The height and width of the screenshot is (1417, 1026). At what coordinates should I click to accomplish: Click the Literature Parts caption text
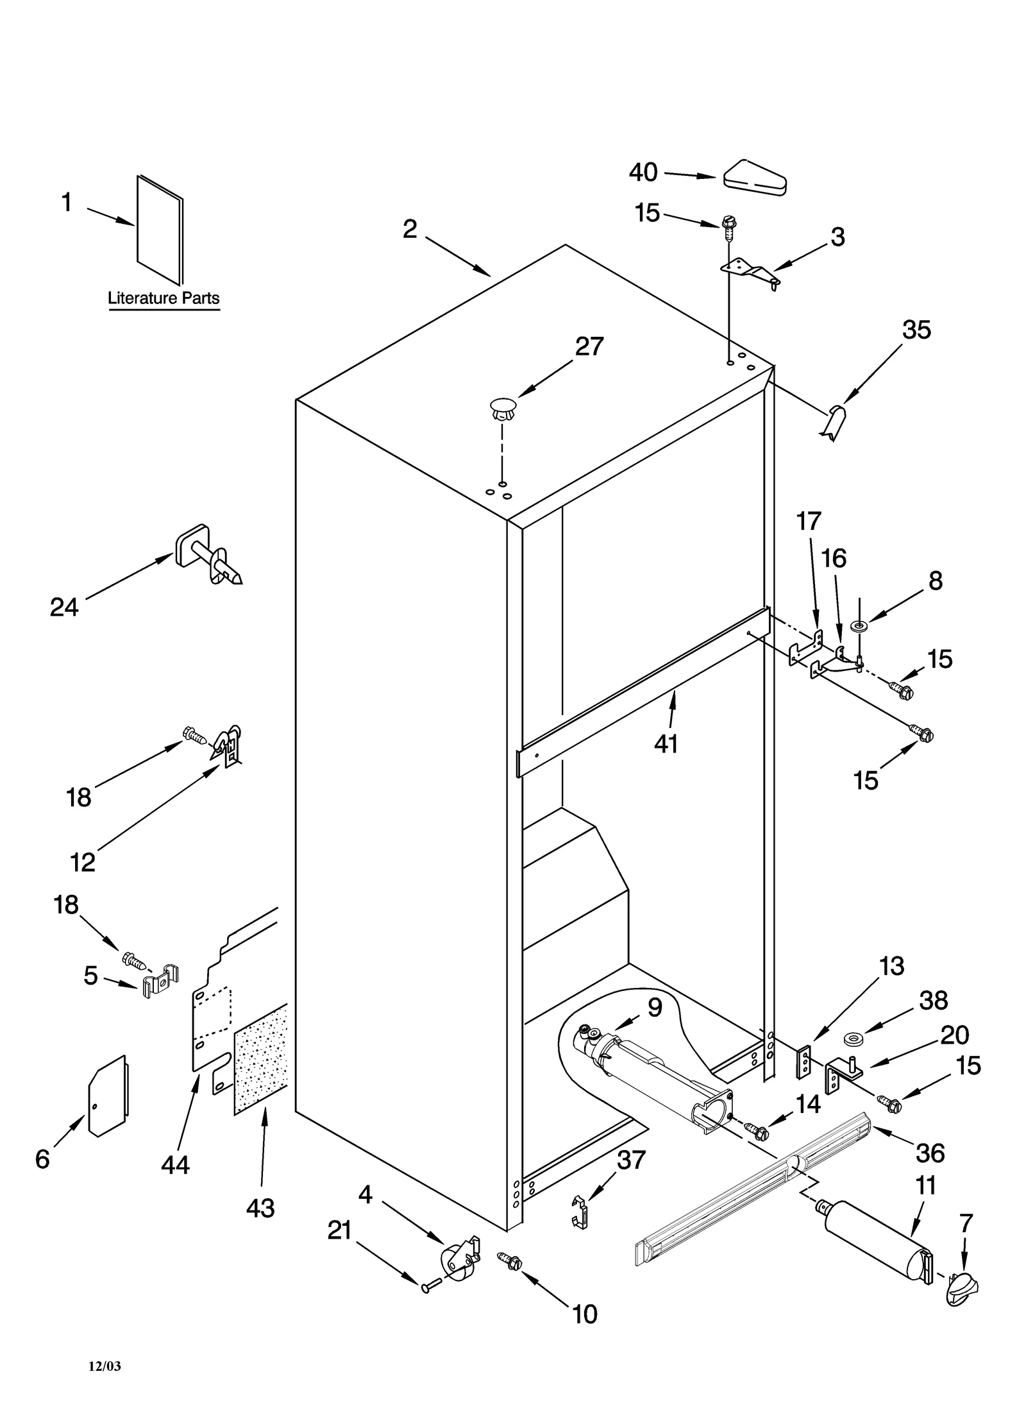coord(163,298)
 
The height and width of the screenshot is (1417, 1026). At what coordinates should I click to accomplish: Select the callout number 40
coord(643,173)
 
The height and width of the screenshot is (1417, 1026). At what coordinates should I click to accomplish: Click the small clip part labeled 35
coord(834,422)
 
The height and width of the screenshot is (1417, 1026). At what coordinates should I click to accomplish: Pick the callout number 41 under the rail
coord(666,743)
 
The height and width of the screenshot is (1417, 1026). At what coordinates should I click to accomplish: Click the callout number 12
coord(82,862)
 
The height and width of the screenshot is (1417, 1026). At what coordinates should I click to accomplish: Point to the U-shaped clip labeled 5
coord(158,981)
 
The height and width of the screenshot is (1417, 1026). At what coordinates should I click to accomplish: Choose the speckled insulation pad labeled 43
coord(260,1059)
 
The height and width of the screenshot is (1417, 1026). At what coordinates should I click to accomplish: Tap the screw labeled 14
coord(758,1132)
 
